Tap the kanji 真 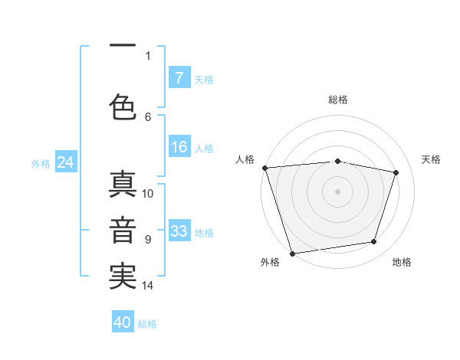coord(123,186)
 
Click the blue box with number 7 coord(179,78)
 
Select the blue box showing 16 coord(179,148)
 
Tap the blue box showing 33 coord(179,231)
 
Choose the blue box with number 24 coord(65,162)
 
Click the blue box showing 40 coord(123,322)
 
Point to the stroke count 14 coord(149,286)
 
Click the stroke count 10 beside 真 coord(149,193)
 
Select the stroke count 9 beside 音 coord(148,240)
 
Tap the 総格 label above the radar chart coord(338,100)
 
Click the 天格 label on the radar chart coord(432,159)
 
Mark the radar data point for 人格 coord(264,168)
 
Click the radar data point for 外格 coord(292,253)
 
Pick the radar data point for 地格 coord(374,242)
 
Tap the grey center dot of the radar coord(338,191)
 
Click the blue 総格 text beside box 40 coord(147,324)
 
